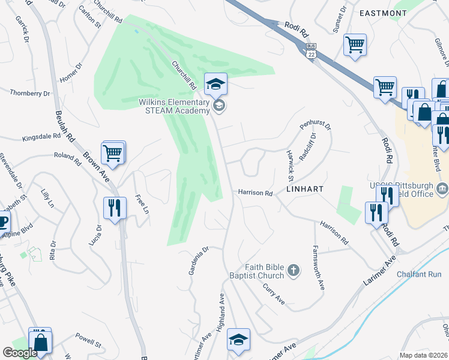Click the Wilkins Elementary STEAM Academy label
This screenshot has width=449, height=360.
[x=174, y=106]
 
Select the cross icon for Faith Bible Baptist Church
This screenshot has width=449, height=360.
[x=294, y=271]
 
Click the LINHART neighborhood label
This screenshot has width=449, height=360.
[x=305, y=188]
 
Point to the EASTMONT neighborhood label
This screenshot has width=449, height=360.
[x=382, y=13]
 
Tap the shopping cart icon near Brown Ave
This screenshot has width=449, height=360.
[x=112, y=153]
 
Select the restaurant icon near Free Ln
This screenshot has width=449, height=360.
[x=115, y=208]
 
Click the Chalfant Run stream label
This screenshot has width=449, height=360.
[x=419, y=274]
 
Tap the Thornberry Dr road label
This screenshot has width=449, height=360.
[x=30, y=93]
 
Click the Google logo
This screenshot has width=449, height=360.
[x=20, y=353]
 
